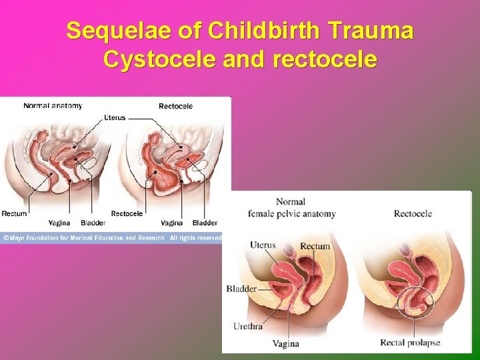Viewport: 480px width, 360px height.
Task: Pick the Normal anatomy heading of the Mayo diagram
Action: (53, 105)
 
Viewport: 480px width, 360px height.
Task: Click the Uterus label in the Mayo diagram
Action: (114, 117)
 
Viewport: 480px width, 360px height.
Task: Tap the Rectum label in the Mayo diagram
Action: (14, 214)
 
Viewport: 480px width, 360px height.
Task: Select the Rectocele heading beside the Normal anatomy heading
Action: (175, 106)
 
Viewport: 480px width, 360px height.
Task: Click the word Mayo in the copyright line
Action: (19, 238)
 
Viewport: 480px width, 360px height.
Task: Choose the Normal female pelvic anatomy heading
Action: (291, 207)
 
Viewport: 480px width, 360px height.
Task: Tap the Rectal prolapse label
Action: (410, 343)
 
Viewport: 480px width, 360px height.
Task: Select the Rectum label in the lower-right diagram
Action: (315, 246)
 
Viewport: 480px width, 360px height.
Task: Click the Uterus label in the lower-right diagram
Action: (263, 245)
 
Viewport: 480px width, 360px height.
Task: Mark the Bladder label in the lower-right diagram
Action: (241, 289)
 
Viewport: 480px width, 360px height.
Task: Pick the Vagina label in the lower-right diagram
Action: (286, 344)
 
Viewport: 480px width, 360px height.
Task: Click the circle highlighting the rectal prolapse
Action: (415, 304)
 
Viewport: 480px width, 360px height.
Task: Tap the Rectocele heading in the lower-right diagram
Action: (413, 213)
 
